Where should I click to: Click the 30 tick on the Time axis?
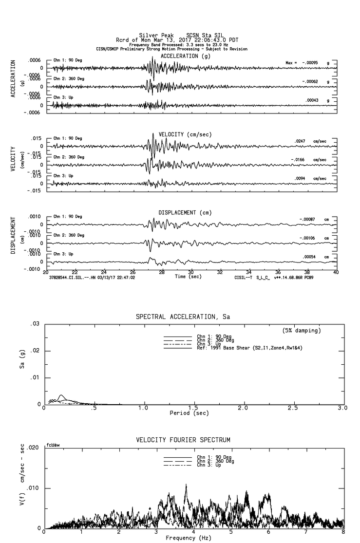(191, 272)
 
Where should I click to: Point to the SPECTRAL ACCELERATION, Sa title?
(183, 317)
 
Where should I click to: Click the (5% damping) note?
(302, 331)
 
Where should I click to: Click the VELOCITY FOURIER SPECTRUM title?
(183, 440)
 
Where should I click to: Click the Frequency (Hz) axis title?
(189, 538)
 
